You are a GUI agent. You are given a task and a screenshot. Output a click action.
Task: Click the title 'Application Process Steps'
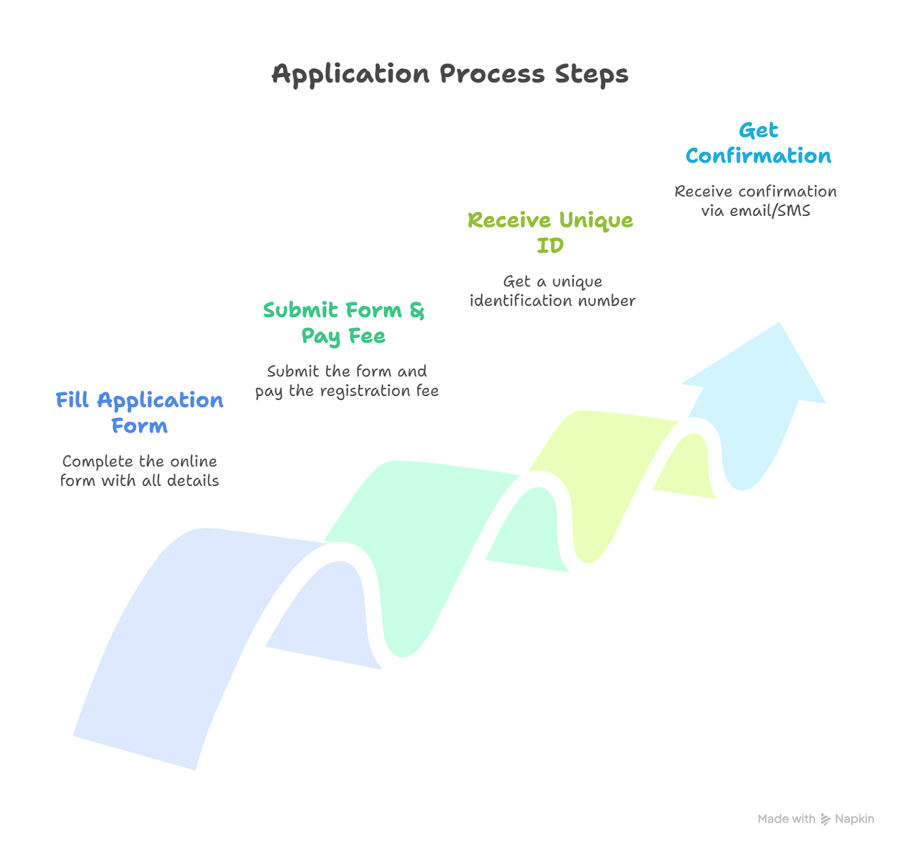coord(449,74)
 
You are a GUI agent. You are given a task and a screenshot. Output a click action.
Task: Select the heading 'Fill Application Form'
coord(139,412)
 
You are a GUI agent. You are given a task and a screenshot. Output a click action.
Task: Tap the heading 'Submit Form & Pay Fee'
coord(343,323)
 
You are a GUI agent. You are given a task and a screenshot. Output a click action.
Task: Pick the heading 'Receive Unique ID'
coord(550,232)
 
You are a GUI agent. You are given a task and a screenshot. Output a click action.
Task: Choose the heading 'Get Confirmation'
coord(758,143)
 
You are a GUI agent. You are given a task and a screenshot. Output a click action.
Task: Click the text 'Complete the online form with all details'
coord(139,471)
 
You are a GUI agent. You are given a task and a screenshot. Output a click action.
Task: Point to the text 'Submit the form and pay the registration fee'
coord(346,381)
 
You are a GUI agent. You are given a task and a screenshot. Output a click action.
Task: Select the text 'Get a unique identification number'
coord(552,291)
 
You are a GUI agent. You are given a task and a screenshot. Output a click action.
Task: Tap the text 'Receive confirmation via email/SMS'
coord(755,201)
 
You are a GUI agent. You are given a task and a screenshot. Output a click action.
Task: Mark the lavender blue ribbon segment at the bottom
coord(186,618)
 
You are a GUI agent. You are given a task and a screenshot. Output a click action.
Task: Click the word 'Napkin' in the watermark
coord(854,819)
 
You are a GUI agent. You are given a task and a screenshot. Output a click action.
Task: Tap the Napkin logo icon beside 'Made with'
coord(825,819)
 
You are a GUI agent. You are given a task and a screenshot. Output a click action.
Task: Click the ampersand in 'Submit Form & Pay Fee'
coord(417,310)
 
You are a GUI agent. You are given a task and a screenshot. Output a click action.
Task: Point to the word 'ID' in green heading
coord(550,246)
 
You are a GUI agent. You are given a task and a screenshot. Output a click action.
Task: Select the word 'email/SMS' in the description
coord(770,211)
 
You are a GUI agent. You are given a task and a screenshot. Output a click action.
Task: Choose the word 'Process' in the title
coord(492,74)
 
